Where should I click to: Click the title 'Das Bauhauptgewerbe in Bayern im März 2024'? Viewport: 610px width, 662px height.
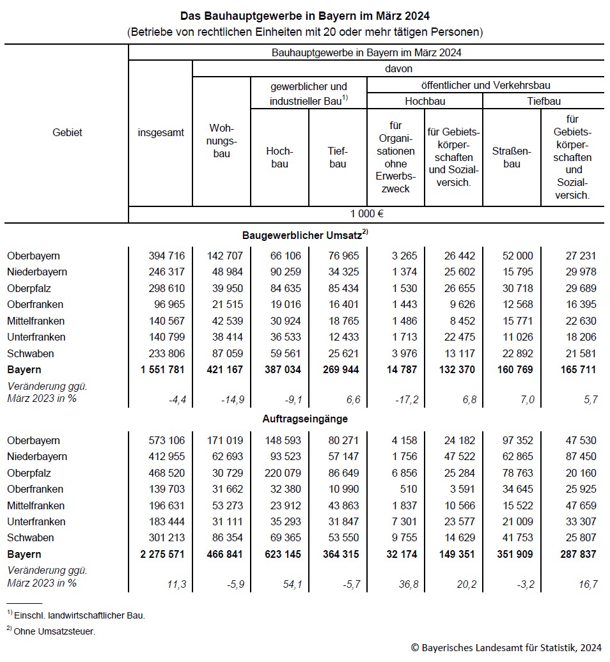click(x=304, y=15)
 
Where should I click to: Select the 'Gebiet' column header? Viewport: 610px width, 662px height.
click(x=67, y=133)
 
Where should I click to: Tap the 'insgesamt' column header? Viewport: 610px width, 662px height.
click(x=160, y=133)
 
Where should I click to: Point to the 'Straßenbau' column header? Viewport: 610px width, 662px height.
click(x=512, y=157)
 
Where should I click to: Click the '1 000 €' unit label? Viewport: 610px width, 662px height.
click(x=367, y=214)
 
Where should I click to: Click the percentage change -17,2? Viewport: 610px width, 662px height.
click(x=407, y=400)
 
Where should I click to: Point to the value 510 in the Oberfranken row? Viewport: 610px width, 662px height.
click(x=410, y=489)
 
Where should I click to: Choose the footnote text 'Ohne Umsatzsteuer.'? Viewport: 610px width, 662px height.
click(x=54, y=631)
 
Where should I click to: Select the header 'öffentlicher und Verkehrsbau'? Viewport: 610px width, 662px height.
click(x=486, y=85)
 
